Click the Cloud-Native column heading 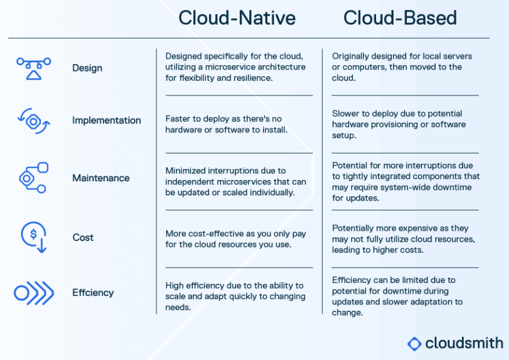point(237,18)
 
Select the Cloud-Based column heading point(400,18)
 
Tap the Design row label point(87,68)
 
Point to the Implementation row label point(106,120)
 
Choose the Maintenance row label point(101,178)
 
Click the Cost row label point(83,237)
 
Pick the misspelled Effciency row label point(93,292)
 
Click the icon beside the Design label point(34,68)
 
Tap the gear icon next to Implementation point(34,121)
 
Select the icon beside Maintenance point(34,178)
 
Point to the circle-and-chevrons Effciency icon point(34,293)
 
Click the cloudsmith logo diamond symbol point(414,344)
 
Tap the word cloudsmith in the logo point(464,343)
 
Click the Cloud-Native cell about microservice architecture point(236,67)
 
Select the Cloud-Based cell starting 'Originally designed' point(402,67)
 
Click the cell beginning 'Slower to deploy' point(399,124)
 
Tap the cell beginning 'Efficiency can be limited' point(398,296)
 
